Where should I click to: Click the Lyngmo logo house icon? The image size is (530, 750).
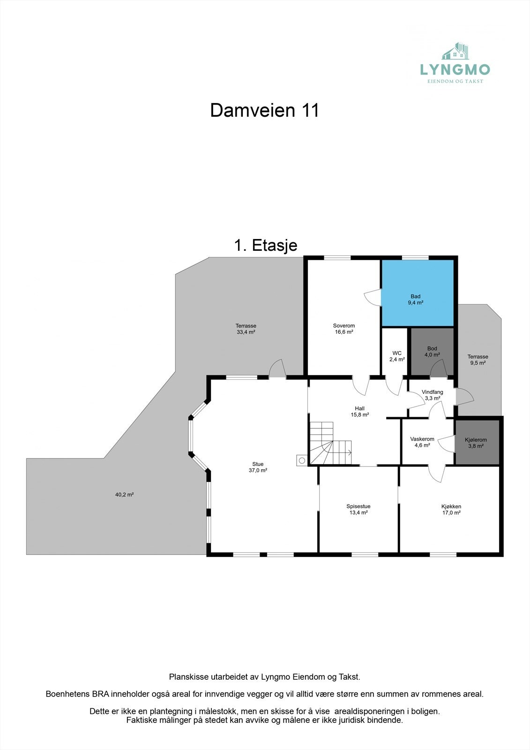click(x=456, y=52)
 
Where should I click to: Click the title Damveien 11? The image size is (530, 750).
click(x=264, y=111)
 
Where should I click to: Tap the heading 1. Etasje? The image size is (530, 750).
click(x=266, y=245)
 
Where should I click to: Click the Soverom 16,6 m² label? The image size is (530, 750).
click(x=343, y=329)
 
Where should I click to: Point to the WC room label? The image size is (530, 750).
click(x=397, y=356)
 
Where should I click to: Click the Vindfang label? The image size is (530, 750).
click(x=432, y=395)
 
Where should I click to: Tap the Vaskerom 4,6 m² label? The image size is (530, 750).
click(x=422, y=442)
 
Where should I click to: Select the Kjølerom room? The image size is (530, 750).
click(x=476, y=442)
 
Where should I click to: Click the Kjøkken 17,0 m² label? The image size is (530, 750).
click(x=451, y=510)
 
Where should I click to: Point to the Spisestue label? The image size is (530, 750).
click(x=358, y=510)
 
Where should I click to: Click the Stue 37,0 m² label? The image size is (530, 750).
click(x=258, y=467)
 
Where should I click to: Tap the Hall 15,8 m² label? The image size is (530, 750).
click(x=359, y=412)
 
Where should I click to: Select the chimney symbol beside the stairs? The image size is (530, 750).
click(x=302, y=461)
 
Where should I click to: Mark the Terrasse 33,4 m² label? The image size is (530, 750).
click(x=246, y=329)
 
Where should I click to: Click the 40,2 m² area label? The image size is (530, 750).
click(x=124, y=495)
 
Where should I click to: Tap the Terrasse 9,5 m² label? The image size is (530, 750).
click(x=478, y=360)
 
